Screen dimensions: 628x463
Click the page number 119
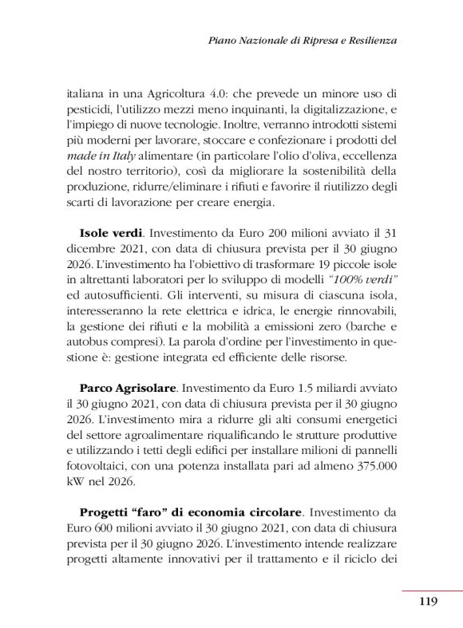tap(428, 602)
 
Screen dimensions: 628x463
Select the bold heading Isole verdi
tap(111, 235)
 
